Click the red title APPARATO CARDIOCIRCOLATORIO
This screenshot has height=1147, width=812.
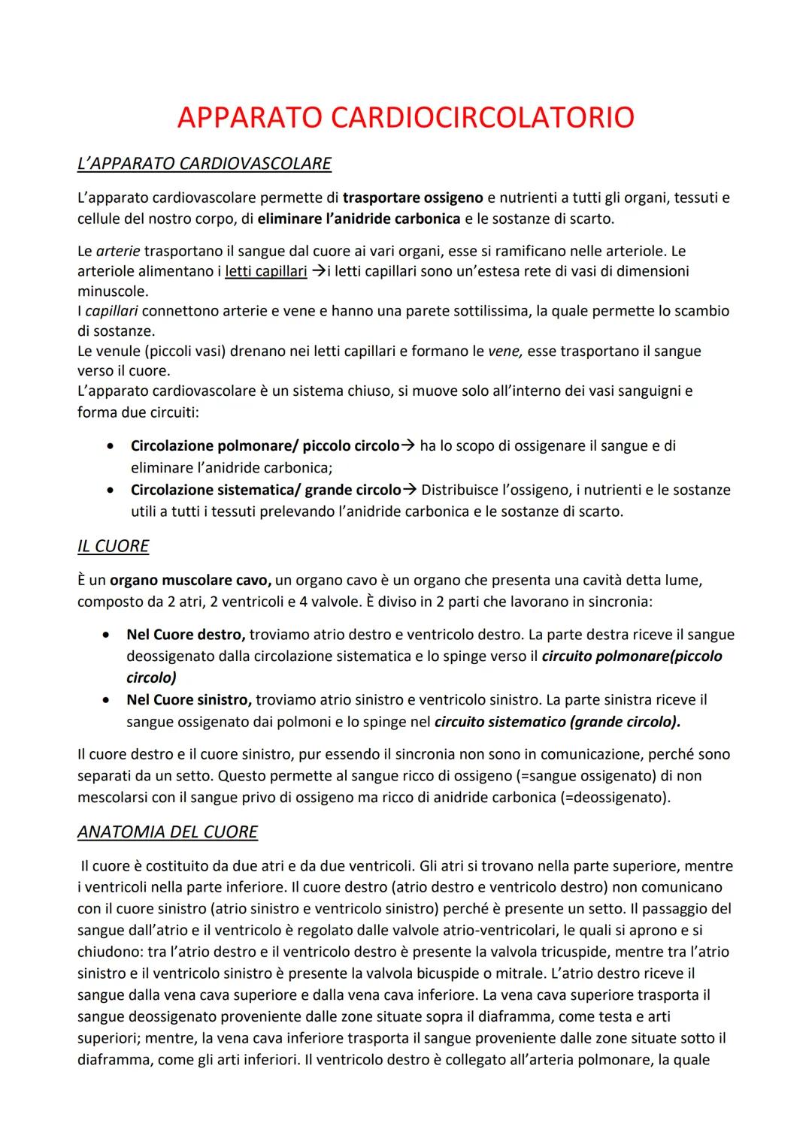[405, 117]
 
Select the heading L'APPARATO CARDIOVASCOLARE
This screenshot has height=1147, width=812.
[204, 163]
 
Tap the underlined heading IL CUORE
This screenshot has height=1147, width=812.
[113, 545]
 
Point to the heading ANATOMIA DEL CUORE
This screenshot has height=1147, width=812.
[167, 832]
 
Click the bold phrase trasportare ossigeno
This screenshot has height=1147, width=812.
[413, 198]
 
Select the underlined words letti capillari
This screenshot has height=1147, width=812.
[266, 271]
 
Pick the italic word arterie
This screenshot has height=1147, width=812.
[119, 250]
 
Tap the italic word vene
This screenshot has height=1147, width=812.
[504, 351]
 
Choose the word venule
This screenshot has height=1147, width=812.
[122, 351]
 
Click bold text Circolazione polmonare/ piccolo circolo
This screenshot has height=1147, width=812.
[265, 445]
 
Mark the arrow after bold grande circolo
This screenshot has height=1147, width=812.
[410, 490]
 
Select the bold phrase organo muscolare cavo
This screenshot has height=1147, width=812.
[190, 581]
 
